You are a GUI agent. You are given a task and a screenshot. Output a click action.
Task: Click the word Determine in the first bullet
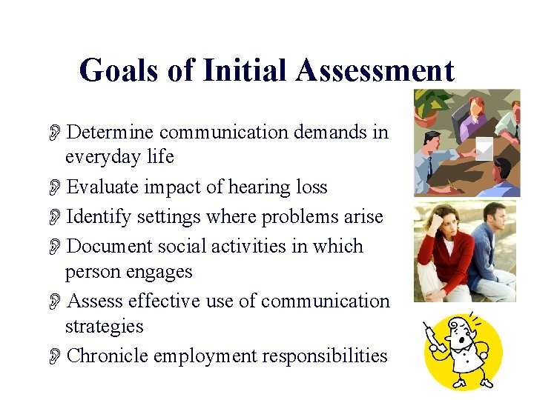pyautogui.click(x=110, y=132)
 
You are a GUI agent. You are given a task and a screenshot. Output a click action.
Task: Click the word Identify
pyautogui.click(x=95, y=216)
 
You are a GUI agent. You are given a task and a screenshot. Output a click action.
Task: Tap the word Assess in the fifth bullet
pyautogui.click(x=94, y=301)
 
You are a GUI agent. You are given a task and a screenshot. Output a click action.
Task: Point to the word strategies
pyautogui.click(x=105, y=326)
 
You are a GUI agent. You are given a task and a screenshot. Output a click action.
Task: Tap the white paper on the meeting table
pyautogui.click(x=484, y=147)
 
